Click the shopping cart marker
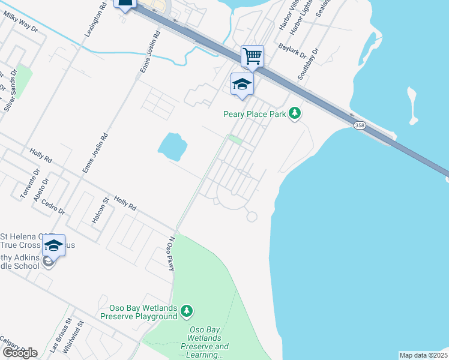tap(253, 57)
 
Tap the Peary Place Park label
tap(255, 113)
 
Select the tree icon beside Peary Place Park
tap(294, 113)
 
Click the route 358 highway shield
tap(360, 125)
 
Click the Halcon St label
tap(100, 212)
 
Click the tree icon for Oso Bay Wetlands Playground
tap(188, 310)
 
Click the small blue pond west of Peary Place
tap(172, 146)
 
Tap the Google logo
tap(20, 353)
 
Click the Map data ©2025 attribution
tap(423, 355)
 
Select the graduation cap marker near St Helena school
tap(53, 245)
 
